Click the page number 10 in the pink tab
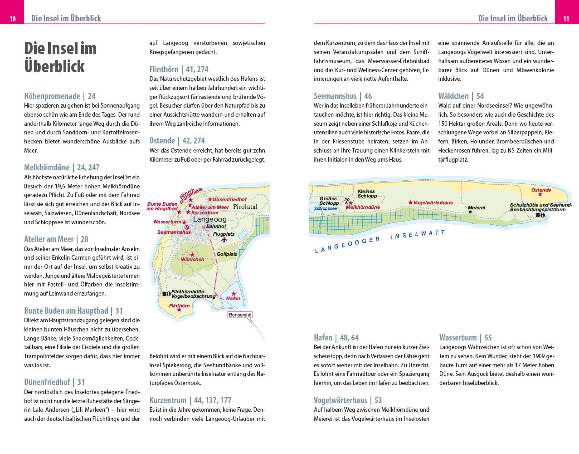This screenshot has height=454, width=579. point(13,19)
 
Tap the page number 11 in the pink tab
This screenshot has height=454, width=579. point(566,19)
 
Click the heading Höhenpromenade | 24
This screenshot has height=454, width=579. point(60,96)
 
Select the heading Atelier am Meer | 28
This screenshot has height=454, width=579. point(56,239)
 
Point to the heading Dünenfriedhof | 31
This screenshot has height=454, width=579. point(54,382)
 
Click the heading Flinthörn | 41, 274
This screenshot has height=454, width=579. point(179,69)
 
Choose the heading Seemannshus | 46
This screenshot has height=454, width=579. point(342,96)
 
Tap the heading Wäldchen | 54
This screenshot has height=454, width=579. point(461,96)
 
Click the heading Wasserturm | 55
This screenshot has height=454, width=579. point(465,338)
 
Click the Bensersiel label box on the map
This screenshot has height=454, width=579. point(240,315)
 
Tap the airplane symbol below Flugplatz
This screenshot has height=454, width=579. point(224,240)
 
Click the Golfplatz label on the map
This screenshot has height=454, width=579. point(227,254)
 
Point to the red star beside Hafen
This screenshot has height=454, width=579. point(234,294)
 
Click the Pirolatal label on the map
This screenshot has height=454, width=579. point(245,207)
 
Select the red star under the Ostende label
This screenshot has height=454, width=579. point(540,195)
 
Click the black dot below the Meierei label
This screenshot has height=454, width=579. point(470,212)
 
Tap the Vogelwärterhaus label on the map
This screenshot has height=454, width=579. point(433,203)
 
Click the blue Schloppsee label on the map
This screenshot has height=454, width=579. point(325,208)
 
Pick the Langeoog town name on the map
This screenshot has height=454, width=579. point(209,219)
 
